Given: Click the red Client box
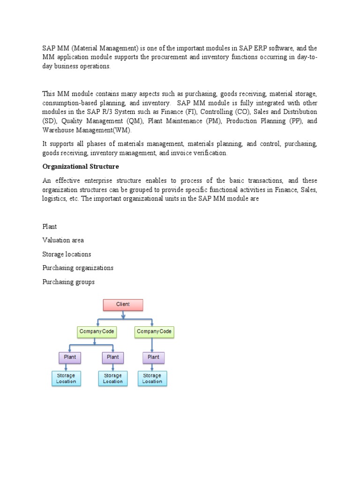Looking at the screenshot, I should point(123,305).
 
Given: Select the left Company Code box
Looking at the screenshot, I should point(97,332).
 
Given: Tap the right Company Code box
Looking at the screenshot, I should point(154,332).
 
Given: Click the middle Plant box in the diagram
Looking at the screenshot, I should point(112,357).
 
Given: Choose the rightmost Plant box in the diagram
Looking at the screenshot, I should point(153,357).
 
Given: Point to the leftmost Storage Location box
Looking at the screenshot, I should point(66,378).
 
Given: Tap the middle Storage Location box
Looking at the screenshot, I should point(112,378).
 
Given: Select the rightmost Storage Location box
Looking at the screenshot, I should point(152,378).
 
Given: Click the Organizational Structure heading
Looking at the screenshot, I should point(81,166).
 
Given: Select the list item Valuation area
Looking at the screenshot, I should point(63,240).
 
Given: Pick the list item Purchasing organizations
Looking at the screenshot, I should point(78,268).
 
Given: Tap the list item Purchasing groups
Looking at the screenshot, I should point(68,282).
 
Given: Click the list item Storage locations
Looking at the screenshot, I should point(67,255).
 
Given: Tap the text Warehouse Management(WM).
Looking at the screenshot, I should point(87,130).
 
